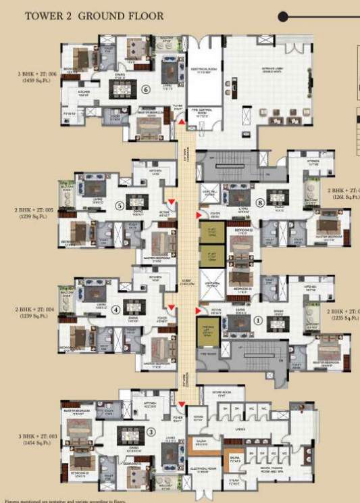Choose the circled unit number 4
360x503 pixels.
(x=115, y=310)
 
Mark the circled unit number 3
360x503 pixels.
(x=151, y=432)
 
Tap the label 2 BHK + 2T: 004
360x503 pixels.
(x=28, y=312)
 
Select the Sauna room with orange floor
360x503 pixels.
(x=234, y=461)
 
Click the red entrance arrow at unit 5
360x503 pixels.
(x=172, y=201)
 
